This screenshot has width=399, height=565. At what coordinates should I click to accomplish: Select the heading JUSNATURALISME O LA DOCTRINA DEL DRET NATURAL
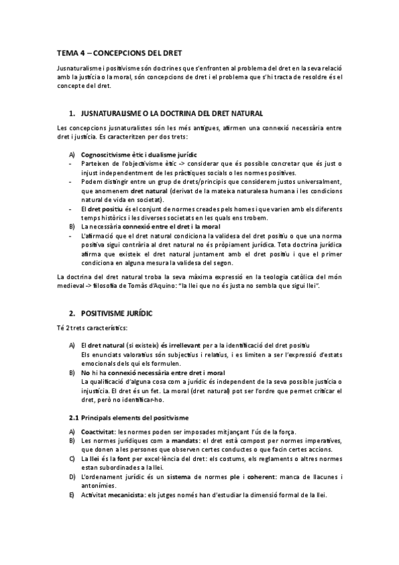(171, 114)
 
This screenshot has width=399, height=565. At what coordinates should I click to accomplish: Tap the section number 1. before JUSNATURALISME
(72, 114)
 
